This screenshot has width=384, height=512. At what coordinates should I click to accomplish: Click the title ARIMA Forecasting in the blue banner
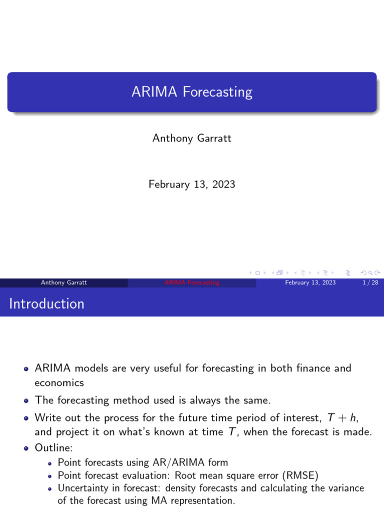(192, 92)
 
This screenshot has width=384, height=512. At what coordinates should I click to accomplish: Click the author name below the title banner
(192, 138)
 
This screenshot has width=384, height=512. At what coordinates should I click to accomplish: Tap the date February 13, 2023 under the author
(192, 184)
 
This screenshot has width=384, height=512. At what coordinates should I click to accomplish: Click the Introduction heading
(47, 303)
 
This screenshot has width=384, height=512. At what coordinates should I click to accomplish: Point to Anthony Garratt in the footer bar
(64, 282)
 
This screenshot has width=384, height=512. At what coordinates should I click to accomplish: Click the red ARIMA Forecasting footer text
(192, 282)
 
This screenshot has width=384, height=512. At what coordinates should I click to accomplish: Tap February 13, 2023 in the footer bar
(310, 282)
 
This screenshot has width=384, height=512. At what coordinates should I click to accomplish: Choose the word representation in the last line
(202, 500)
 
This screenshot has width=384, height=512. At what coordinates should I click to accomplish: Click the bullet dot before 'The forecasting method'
(26, 400)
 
